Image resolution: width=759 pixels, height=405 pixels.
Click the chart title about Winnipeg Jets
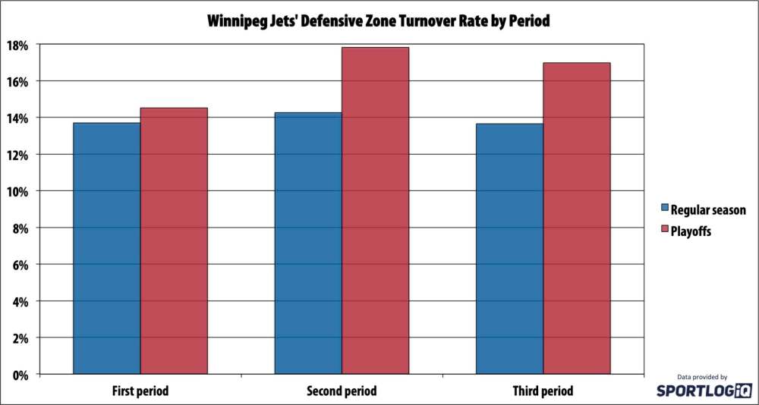(x=379, y=21)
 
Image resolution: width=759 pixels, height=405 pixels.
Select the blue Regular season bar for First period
(x=106, y=248)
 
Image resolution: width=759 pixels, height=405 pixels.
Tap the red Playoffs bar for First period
(x=174, y=240)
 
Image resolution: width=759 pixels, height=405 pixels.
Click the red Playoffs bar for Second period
(x=375, y=210)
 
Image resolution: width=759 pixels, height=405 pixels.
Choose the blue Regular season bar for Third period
(x=509, y=248)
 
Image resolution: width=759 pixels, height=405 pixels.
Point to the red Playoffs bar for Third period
(x=577, y=218)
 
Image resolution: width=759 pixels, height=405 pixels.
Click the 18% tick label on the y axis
(x=19, y=45)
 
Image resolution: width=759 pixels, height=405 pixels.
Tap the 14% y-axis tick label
(x=19, y=118)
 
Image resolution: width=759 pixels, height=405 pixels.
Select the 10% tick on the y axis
(x=19, y=191)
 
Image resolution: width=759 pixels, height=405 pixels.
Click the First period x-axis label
(x=140, y=391)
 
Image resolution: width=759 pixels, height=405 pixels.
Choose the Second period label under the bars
(x=342, y=391)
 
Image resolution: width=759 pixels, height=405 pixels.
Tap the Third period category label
(x=543, y=391)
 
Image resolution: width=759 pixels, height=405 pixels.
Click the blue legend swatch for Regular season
(x=665, y=208)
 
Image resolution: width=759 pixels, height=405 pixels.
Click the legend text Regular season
(x=708, y=209)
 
